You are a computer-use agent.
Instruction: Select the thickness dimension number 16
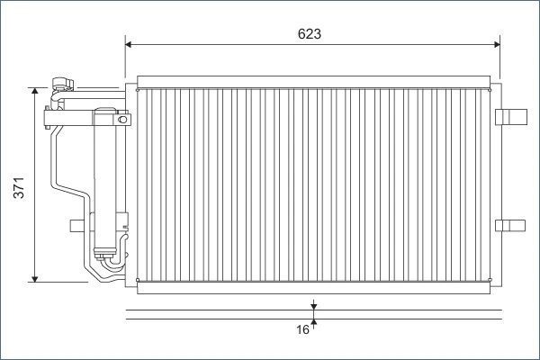(x=302, y=330)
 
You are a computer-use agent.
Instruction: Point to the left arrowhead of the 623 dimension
(x=129, y=43)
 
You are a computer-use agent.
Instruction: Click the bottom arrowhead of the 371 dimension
(x=35, y=278)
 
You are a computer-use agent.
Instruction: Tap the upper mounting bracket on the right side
(x=510, y=114)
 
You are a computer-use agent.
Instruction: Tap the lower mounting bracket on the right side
(x=510, y=224)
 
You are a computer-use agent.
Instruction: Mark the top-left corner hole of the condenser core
(x=137, y=89)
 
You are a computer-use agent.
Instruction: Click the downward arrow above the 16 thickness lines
(x=313, y=307)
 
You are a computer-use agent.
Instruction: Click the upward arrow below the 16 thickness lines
(x=313, y=322)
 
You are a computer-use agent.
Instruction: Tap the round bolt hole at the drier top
(x=121, y=118)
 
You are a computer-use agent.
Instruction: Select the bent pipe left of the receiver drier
(x=56, y=162)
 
